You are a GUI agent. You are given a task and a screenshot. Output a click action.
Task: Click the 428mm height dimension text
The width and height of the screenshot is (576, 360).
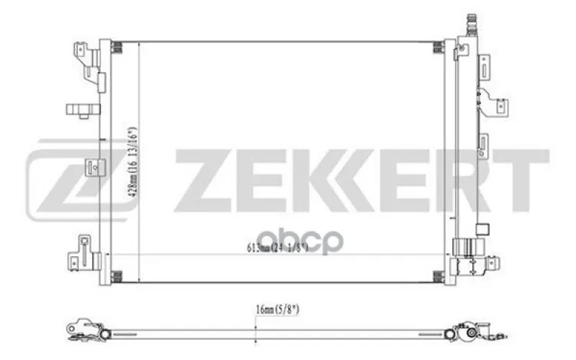tap(132, 163)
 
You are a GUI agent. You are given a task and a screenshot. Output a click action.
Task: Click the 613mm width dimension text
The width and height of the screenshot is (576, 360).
tap(277, 248)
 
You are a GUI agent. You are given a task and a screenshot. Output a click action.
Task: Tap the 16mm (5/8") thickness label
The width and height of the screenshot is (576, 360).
tap(277, 310)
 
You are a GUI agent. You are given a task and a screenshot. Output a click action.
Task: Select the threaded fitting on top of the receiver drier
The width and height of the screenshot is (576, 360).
tap(472, 24)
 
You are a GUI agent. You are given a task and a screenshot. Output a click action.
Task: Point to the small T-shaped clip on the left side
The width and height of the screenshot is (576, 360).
tap(84, 110)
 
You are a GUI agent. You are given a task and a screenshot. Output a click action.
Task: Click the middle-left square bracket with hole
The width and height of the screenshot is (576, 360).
tap(95, 168)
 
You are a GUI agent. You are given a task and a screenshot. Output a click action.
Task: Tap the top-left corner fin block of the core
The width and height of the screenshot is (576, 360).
tap(116, 48)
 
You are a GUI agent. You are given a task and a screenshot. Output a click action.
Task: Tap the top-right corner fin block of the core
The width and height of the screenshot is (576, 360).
tap(438, 48)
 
